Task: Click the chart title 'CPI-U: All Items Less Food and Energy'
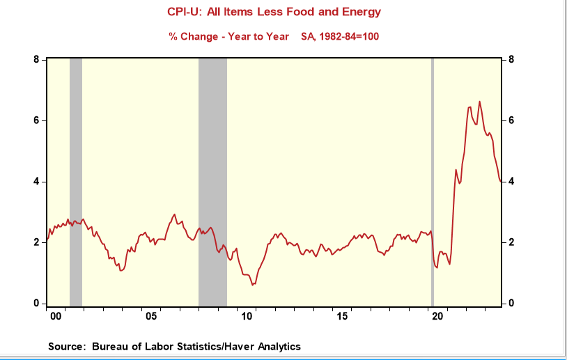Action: (284, 13)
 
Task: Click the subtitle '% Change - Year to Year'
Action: (229, 36)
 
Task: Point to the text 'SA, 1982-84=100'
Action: (340, 36)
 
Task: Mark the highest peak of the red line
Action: (479, 102)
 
